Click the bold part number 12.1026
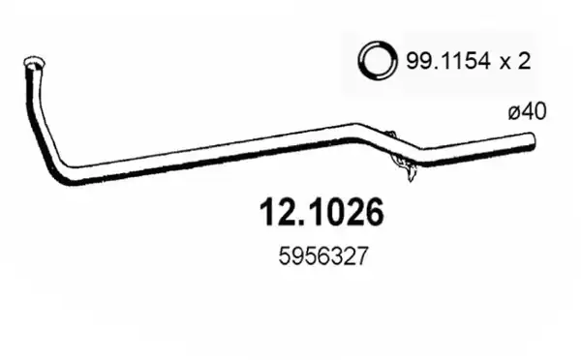click(x=321, y=212)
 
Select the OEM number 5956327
click(x=323, y=256)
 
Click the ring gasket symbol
click(x=378, y=60)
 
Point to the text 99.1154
click(x=448, y=61)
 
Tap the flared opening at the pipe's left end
click(x=34, y=63)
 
